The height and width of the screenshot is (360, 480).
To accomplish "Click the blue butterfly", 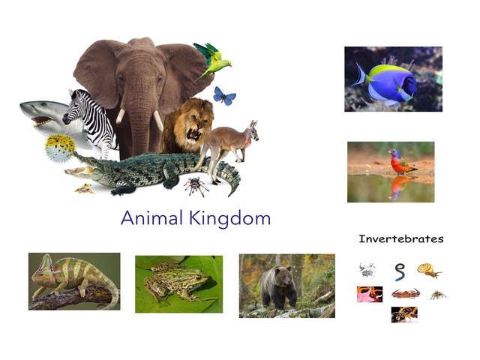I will point(223,95).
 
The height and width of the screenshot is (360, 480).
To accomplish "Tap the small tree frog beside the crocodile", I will point(84,187).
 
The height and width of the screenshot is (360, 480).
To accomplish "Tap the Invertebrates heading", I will point(400,239).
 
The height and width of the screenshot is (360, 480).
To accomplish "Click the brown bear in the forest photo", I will point(277,286).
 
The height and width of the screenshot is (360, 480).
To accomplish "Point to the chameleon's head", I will point(44,268).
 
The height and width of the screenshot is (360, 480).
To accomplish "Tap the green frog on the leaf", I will point(168,284).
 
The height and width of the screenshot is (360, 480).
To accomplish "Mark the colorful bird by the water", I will point(402,161).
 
